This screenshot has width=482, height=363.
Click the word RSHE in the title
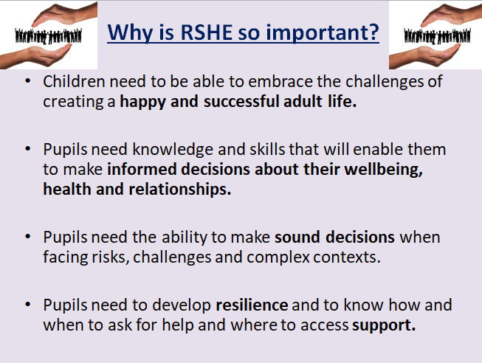coord(206,32)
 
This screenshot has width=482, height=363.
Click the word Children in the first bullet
coord(74,81)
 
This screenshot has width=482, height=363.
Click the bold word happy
coord(142,102)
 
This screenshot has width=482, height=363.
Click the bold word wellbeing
coord(383,170)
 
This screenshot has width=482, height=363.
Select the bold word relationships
coord(179,190)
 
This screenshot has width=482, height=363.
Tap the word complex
coord(278,257)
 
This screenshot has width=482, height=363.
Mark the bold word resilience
coord(252,305)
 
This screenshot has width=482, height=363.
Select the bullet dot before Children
coord(28,81)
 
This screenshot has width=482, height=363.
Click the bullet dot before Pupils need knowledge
coord(28,149)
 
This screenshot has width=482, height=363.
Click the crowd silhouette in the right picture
coord(437,36)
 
